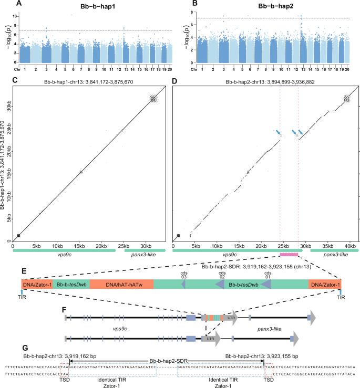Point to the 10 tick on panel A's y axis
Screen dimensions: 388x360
click(x=16, y=16)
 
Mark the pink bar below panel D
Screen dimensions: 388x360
click(x=289, y=254)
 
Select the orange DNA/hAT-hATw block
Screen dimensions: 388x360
click(x=121, y=284)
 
